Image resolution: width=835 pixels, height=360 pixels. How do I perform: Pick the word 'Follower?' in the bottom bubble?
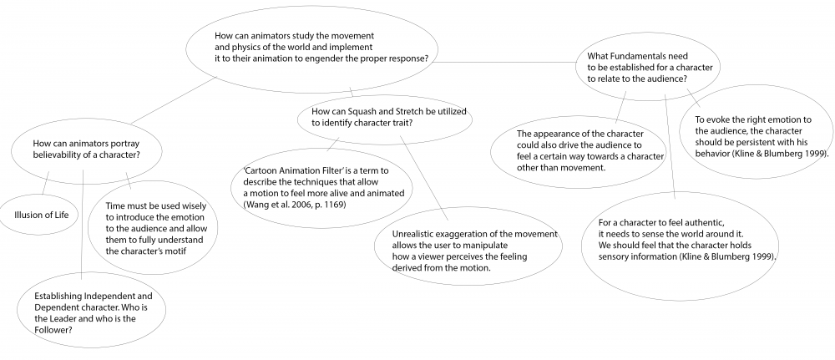53,330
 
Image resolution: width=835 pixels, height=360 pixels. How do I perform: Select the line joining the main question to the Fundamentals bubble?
504,63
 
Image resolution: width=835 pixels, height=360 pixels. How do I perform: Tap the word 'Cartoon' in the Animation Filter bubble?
260,171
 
